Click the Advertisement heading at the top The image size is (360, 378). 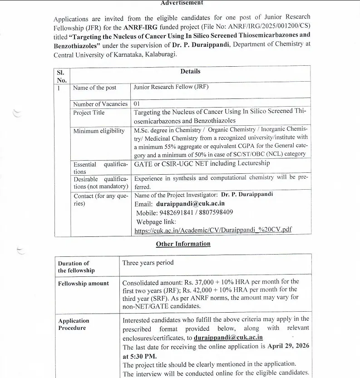pyautogui.click(x=182, y=3)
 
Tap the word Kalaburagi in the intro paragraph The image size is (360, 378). pyautogui.click(x=161, y=54)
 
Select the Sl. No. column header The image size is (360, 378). pyautogui.click(x=61, y=76)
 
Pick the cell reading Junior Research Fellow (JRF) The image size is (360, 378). pyautogui.click(x=171, y=87)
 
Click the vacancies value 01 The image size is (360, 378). pyautogui.click(x=137, y=104)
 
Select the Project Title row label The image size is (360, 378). pyautogui.click(x=89, y=113)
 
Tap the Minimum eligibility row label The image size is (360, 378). pyautogui.click(x=99, y=131)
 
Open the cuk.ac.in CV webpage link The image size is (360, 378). pyautogui.click(x=213, y=230)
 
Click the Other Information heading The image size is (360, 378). pyautogui.click(x=183, y=244)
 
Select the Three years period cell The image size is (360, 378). pyautogui.click(x=148, y=263)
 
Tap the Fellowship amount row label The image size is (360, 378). pyautogui.click(x=84, y=284)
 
